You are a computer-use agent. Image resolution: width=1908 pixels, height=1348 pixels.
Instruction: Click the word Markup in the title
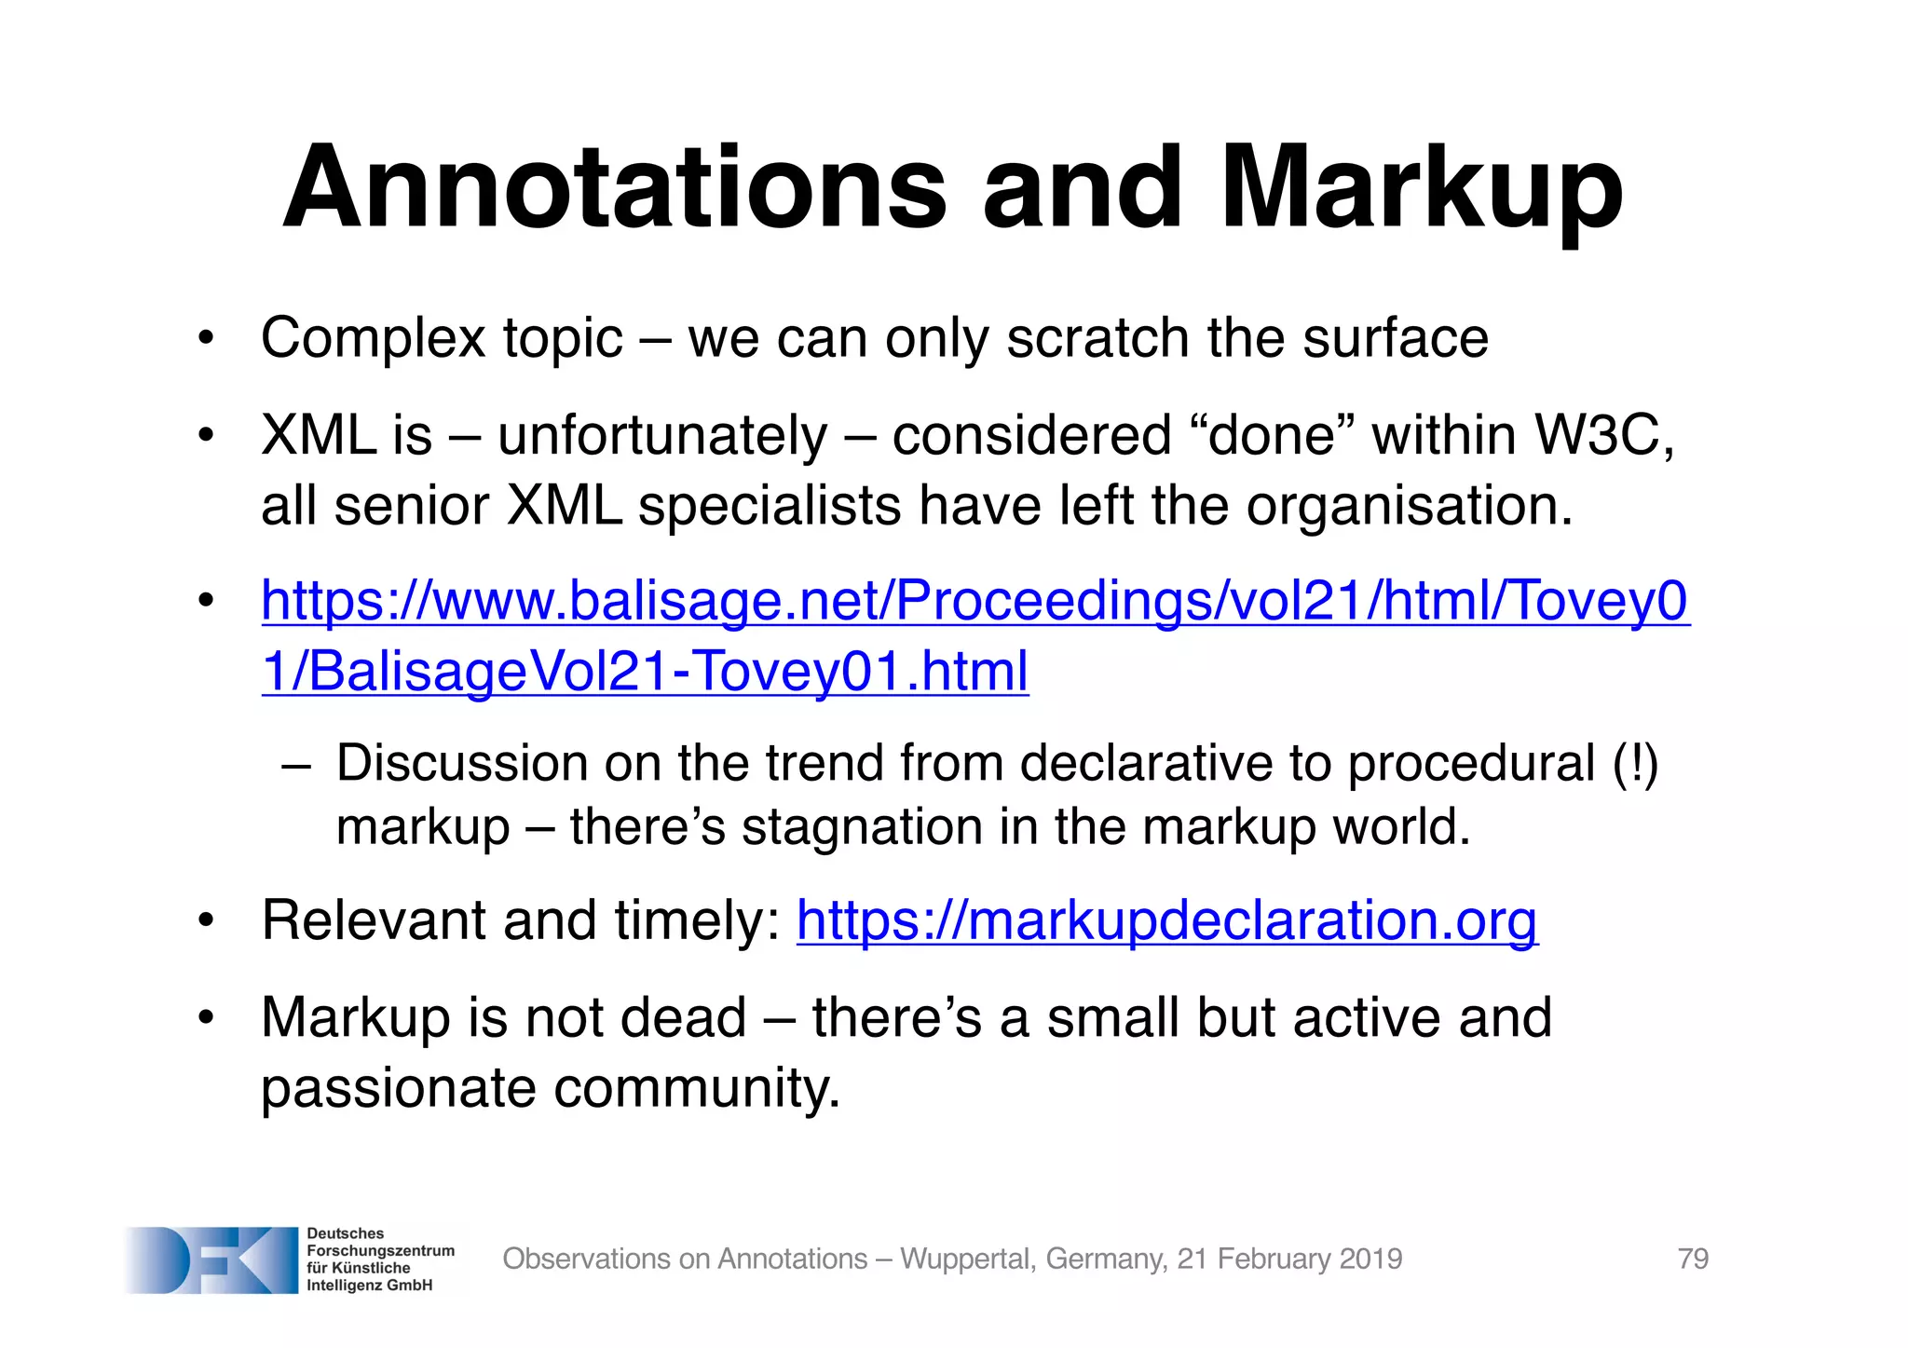pos(1422,189)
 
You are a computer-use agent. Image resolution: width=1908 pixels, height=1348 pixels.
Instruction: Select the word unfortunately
pos(662,436)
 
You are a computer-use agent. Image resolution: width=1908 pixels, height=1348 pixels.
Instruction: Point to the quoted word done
pos(1272,435)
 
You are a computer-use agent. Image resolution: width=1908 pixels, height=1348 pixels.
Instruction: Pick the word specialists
pos(770,506)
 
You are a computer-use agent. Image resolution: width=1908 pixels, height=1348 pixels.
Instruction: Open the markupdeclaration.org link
pos(1166,920)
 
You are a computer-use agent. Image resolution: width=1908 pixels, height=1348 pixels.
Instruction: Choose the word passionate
pos(398,1087)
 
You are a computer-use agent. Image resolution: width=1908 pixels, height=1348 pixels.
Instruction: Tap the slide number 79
pos(1693,1259)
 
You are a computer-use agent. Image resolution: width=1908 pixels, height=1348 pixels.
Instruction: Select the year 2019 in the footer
pos(1370,1259)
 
